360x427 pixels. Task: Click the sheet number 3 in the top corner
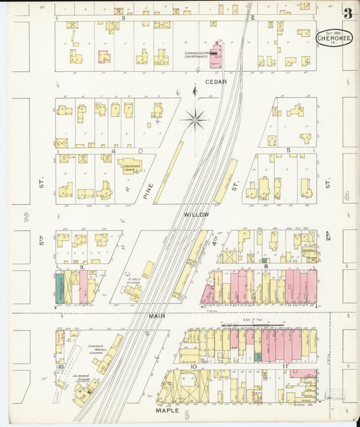pyautogui.click(x=346, y=13)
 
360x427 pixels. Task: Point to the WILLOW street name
pyautogui.click(x=197, y=214)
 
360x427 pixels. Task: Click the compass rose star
pyautogui.click(x=195, y=120)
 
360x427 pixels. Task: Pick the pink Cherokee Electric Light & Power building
pyautogui.click(x=215, y=56)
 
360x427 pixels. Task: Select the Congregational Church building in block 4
pyautogui.click(x=130, y=164)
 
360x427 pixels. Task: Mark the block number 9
pyautogui.click(x=80, y=268)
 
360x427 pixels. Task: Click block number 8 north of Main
pyautogui.click(x=266, y=266)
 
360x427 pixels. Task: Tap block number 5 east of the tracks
pyautogui.click(x=288, y=150)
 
